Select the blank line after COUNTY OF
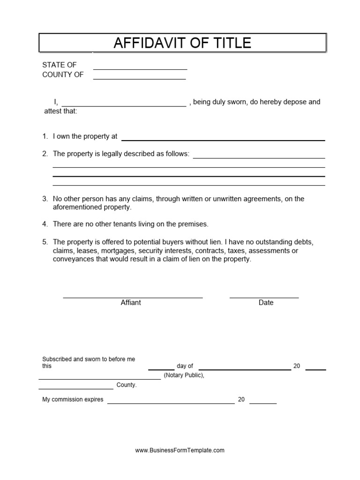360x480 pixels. (x=139, y=79)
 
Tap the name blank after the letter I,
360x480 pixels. (x=124, y=106)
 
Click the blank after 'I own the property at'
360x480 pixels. (x=223, y=140)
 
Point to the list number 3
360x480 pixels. (x=45, y=199)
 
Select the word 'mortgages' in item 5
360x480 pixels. (x=114, y=251)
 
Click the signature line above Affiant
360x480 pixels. (x=133, y=297)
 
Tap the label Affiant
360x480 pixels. (x=131, y=303)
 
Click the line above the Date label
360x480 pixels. (x=264, y=297)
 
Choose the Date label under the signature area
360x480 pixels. (x=266, y=303)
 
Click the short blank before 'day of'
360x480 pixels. (x=161, y=369)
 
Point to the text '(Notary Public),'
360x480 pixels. (x=184, y=375)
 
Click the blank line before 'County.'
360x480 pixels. (x=76, y=388)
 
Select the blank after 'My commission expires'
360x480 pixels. (x=171, y=403)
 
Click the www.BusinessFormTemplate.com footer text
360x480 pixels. (x=180, y=450)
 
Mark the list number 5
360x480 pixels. (x=45, y=242)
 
